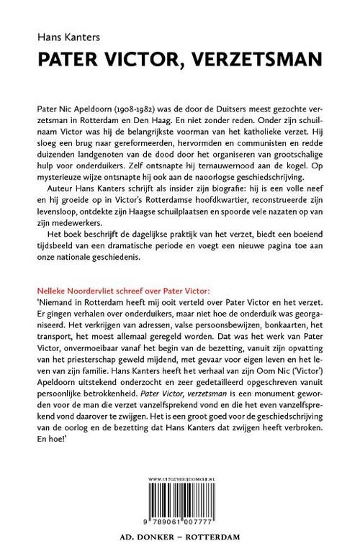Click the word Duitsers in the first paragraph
(235, 105)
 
